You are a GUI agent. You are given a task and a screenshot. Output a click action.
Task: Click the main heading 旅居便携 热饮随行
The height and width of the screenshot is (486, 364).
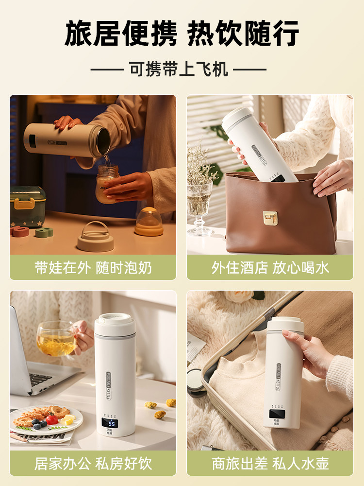pyautogui.click(x=182, y=33)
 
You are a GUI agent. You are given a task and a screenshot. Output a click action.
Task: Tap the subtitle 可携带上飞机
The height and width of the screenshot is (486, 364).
pyautogui.click(x=179, y=69)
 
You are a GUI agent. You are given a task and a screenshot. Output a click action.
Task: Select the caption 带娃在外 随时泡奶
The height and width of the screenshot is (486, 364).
pyautogui.click(x=93, y=268)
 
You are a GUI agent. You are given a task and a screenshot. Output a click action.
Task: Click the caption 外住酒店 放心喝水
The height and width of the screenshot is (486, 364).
pyautogui.click(x=270, y=268)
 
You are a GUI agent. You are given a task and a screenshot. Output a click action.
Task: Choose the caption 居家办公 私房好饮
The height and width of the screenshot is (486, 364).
pyautogui.click(x=93, y=463)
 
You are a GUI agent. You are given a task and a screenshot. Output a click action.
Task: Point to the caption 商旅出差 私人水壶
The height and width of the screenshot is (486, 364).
pyautogui.click(x=270, y=463)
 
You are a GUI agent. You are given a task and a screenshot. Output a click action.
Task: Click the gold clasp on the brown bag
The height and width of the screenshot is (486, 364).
pyautogui.click(x=270, y=218)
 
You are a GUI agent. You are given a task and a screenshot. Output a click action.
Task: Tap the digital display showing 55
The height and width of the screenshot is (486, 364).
pyautogui.click(x=112, y=424)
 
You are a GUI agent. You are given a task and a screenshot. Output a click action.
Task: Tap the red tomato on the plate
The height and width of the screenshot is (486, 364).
pyautogui.click(x=52, y=419)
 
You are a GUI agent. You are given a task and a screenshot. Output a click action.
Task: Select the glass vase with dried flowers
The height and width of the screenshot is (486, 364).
pyautogui.click(x=199, y=204)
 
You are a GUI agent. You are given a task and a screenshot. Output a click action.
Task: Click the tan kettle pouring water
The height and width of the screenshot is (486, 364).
pyautogui.click(x=68, y=140)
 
